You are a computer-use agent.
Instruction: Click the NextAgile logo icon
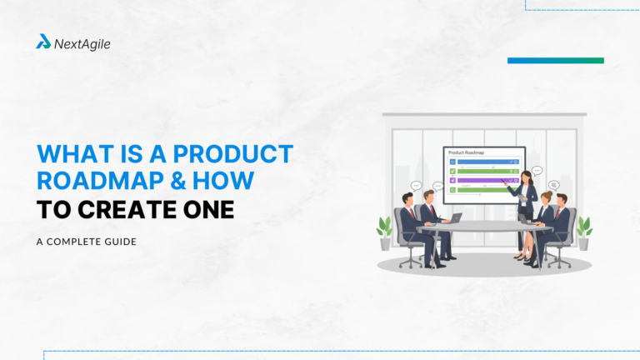pyautogui.click(x=43, y=42)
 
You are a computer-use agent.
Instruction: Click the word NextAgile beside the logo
pyautogui.click(x=82, y=42)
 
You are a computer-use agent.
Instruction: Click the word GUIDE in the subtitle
pyautogui.click(x=117, y=242)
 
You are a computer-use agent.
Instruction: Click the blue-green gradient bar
pyautogui.click(x=555, y=61)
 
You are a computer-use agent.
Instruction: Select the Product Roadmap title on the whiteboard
pyautogui.click(x=467, y=153)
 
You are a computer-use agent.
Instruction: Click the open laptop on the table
pyautogui.click(x=455, y=218)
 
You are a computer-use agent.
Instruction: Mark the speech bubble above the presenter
pyautogui.click(x=537, y=170)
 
